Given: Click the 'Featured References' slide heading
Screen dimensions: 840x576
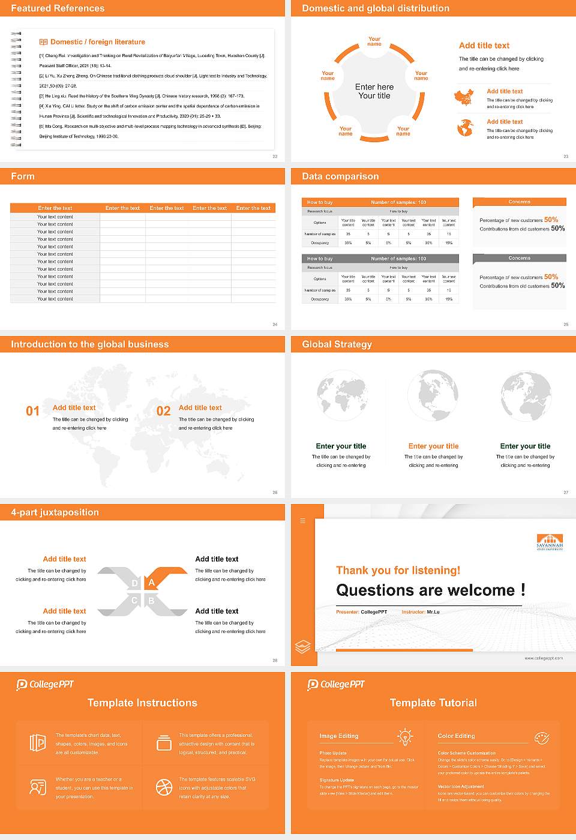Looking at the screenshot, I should click(x=58, y=8).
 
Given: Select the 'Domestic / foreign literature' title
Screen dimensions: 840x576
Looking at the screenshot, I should click(x=97, y=42).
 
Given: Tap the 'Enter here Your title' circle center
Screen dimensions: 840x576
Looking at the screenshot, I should click(x=374, y=91).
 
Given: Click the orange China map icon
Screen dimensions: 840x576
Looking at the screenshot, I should click(x=464, y=97).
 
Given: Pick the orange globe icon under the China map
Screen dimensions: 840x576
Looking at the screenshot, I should click(x=464, y=128).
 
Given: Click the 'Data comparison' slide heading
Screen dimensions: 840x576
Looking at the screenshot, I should click(x=340, y=176).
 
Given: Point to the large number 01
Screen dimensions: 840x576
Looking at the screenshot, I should click(x=32, y=411).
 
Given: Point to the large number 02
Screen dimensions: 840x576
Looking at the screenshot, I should click(x=163, y=411).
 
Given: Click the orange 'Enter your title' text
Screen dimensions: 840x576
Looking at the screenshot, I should click(x=433, y=446).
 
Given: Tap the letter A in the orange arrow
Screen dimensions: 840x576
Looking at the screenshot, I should click(x=152, y=583).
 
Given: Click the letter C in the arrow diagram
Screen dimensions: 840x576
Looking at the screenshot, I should click(x=134, y=601).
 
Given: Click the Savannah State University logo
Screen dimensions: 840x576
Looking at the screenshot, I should click(x=550, y=542).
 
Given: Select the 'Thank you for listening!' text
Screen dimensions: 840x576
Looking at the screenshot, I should click(x=398, y=571).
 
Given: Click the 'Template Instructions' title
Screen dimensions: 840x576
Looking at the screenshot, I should click(x=142, y=703).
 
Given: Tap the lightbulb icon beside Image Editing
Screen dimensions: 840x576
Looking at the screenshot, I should click(x=405, y=737).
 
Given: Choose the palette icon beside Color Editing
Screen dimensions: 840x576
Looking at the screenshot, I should click(x=542, y=737).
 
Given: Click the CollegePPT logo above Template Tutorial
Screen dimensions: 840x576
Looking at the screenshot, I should click(x=336, y=685).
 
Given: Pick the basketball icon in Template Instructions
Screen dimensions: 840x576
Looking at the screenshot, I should click(x=164, y=787).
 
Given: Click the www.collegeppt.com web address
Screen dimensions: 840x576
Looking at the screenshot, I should click(x=544, y=658).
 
